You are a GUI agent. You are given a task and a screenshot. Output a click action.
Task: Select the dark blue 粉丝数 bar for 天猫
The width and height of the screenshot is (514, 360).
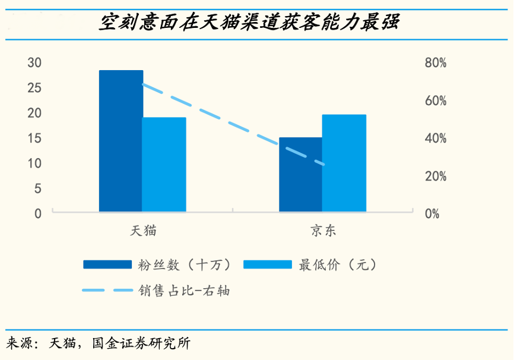click(121, 141)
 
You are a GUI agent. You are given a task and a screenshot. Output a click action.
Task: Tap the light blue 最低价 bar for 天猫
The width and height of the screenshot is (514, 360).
click(164, 164)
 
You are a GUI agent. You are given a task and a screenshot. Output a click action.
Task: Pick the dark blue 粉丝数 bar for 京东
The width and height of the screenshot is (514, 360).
click(301, 174)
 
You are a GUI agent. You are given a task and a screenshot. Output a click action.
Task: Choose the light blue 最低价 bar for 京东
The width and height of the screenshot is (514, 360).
click(344, 163)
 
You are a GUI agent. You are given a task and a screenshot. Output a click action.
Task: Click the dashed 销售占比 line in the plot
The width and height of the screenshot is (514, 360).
click(237, 126)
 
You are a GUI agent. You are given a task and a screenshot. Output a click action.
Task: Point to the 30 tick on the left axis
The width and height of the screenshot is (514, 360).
click(34, 63)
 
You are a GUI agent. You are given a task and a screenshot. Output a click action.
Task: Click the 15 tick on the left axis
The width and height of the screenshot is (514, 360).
click(34, 138)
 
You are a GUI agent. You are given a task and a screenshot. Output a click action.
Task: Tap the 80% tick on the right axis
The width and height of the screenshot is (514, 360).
click(436, 63)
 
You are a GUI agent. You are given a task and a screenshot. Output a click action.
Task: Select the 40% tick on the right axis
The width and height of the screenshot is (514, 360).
click(436, 138)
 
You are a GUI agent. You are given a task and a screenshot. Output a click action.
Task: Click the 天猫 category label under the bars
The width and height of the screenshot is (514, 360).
click(143, 231)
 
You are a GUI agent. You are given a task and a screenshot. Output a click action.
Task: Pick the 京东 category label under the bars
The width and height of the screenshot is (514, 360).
click(323, 231)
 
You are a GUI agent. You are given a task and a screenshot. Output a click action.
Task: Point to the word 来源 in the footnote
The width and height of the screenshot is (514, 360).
click(20, 343)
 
